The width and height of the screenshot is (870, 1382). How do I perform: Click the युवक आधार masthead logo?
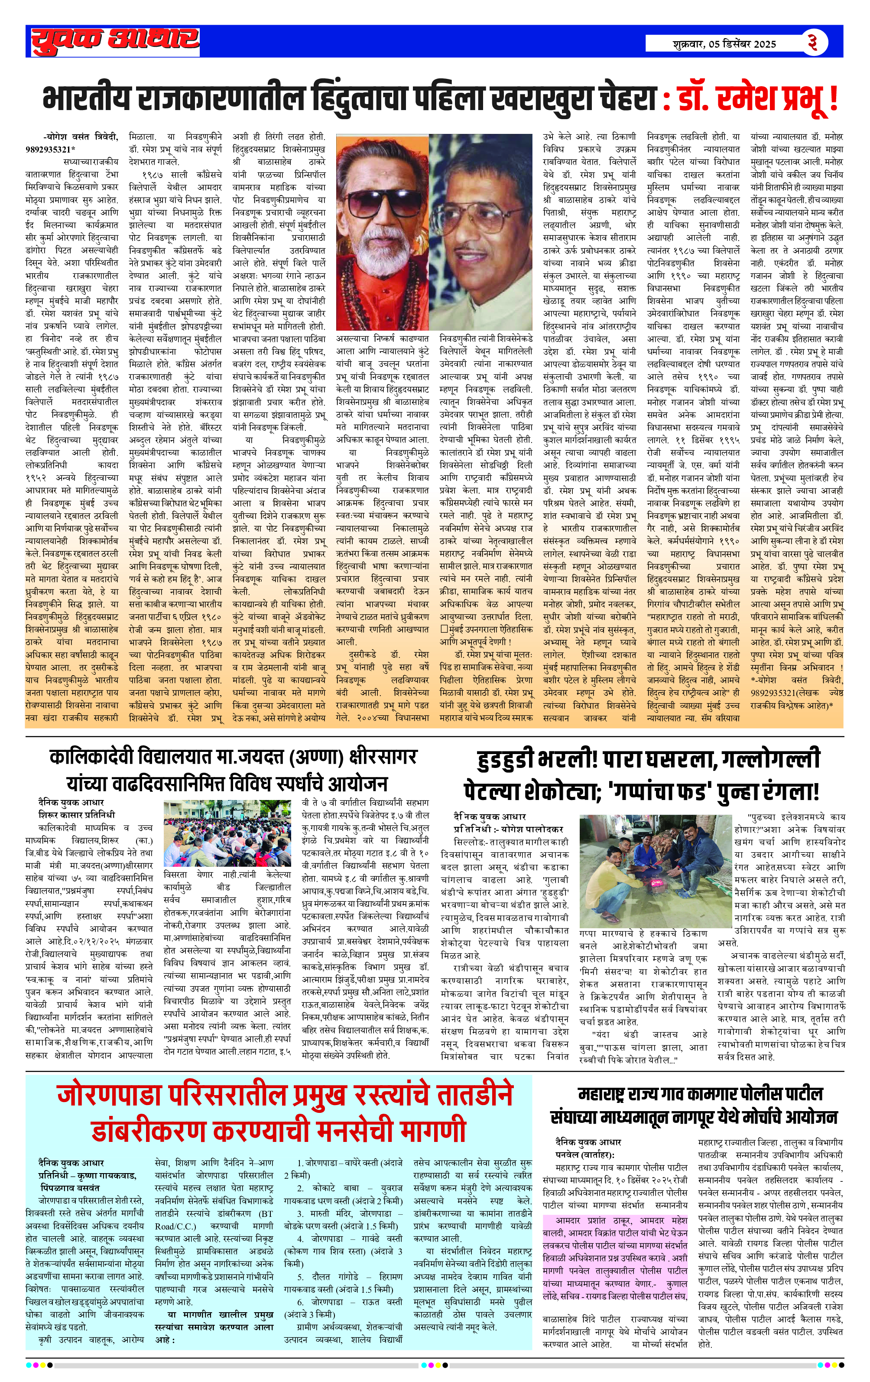coord(115,40)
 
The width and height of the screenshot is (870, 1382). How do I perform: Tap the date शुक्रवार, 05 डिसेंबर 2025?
coord(724,44)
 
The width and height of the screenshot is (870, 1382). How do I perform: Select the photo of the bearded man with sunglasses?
coord(382,232)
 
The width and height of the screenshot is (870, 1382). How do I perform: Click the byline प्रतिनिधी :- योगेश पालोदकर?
coord(509,829)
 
